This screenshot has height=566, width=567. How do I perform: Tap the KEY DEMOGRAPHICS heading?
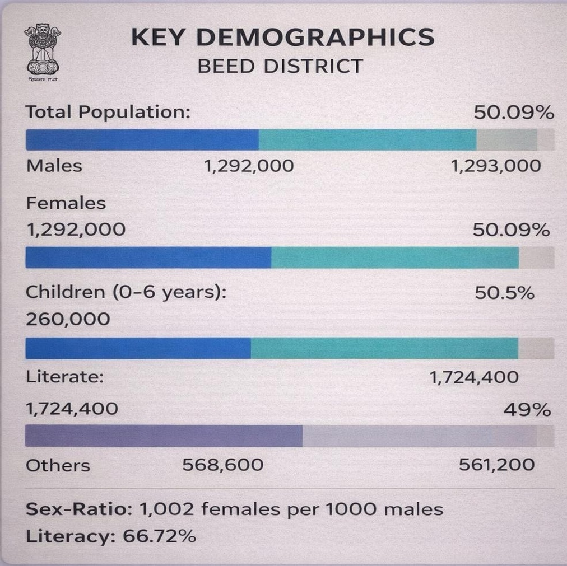pos(282,38)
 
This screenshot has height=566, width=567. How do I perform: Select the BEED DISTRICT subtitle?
pos(280,67)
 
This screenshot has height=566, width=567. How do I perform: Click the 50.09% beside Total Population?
pos(513,113)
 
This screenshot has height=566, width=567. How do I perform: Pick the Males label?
pos(54,166)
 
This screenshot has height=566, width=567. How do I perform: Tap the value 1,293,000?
pos(496,166)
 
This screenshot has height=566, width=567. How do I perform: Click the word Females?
pos(66,203)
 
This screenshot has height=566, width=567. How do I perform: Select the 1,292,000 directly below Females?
pos(76,230)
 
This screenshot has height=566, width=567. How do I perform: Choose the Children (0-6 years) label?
pos(126,292)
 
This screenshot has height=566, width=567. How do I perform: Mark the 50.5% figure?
pos(504,293)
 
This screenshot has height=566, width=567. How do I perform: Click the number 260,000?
pos(68,320)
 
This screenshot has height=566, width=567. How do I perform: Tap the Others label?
pos(58,466)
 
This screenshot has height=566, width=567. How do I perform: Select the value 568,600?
pos(222,465)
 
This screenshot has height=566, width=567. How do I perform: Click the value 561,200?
pos(496,465)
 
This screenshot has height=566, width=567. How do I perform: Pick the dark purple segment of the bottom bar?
pos(164,436)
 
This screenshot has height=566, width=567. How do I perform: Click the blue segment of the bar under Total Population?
pos(142,140)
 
